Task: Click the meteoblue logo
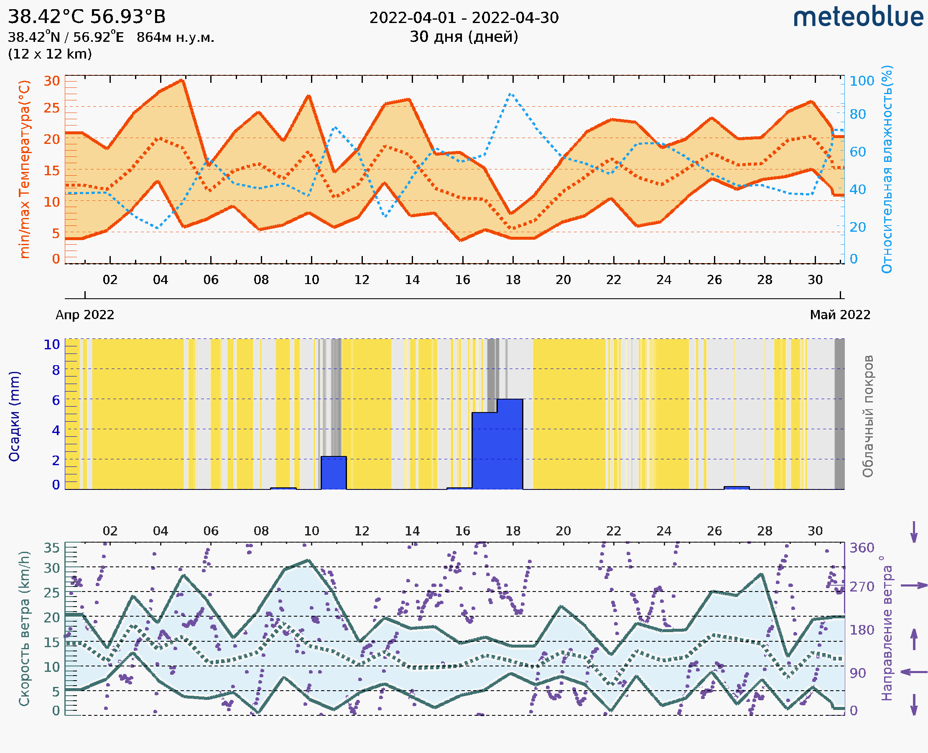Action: (858, 17)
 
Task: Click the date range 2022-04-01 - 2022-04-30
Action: (464, 18)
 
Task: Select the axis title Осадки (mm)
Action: (14, 416)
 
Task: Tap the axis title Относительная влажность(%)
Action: (887, 169)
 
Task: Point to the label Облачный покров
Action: (868, 416)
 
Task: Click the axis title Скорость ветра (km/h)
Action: (24, 628)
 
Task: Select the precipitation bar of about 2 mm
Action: (333, 473)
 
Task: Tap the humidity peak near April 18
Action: (512, 94)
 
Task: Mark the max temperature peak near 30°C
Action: (183, 80)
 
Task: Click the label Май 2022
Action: (840, 315)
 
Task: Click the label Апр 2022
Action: (85, 315)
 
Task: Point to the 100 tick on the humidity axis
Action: (862, 81)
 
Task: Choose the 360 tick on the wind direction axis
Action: (862, 548)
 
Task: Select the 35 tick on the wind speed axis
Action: (51, 548)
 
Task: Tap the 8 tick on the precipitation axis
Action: (56, 370)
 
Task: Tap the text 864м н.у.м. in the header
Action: (176, 37)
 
